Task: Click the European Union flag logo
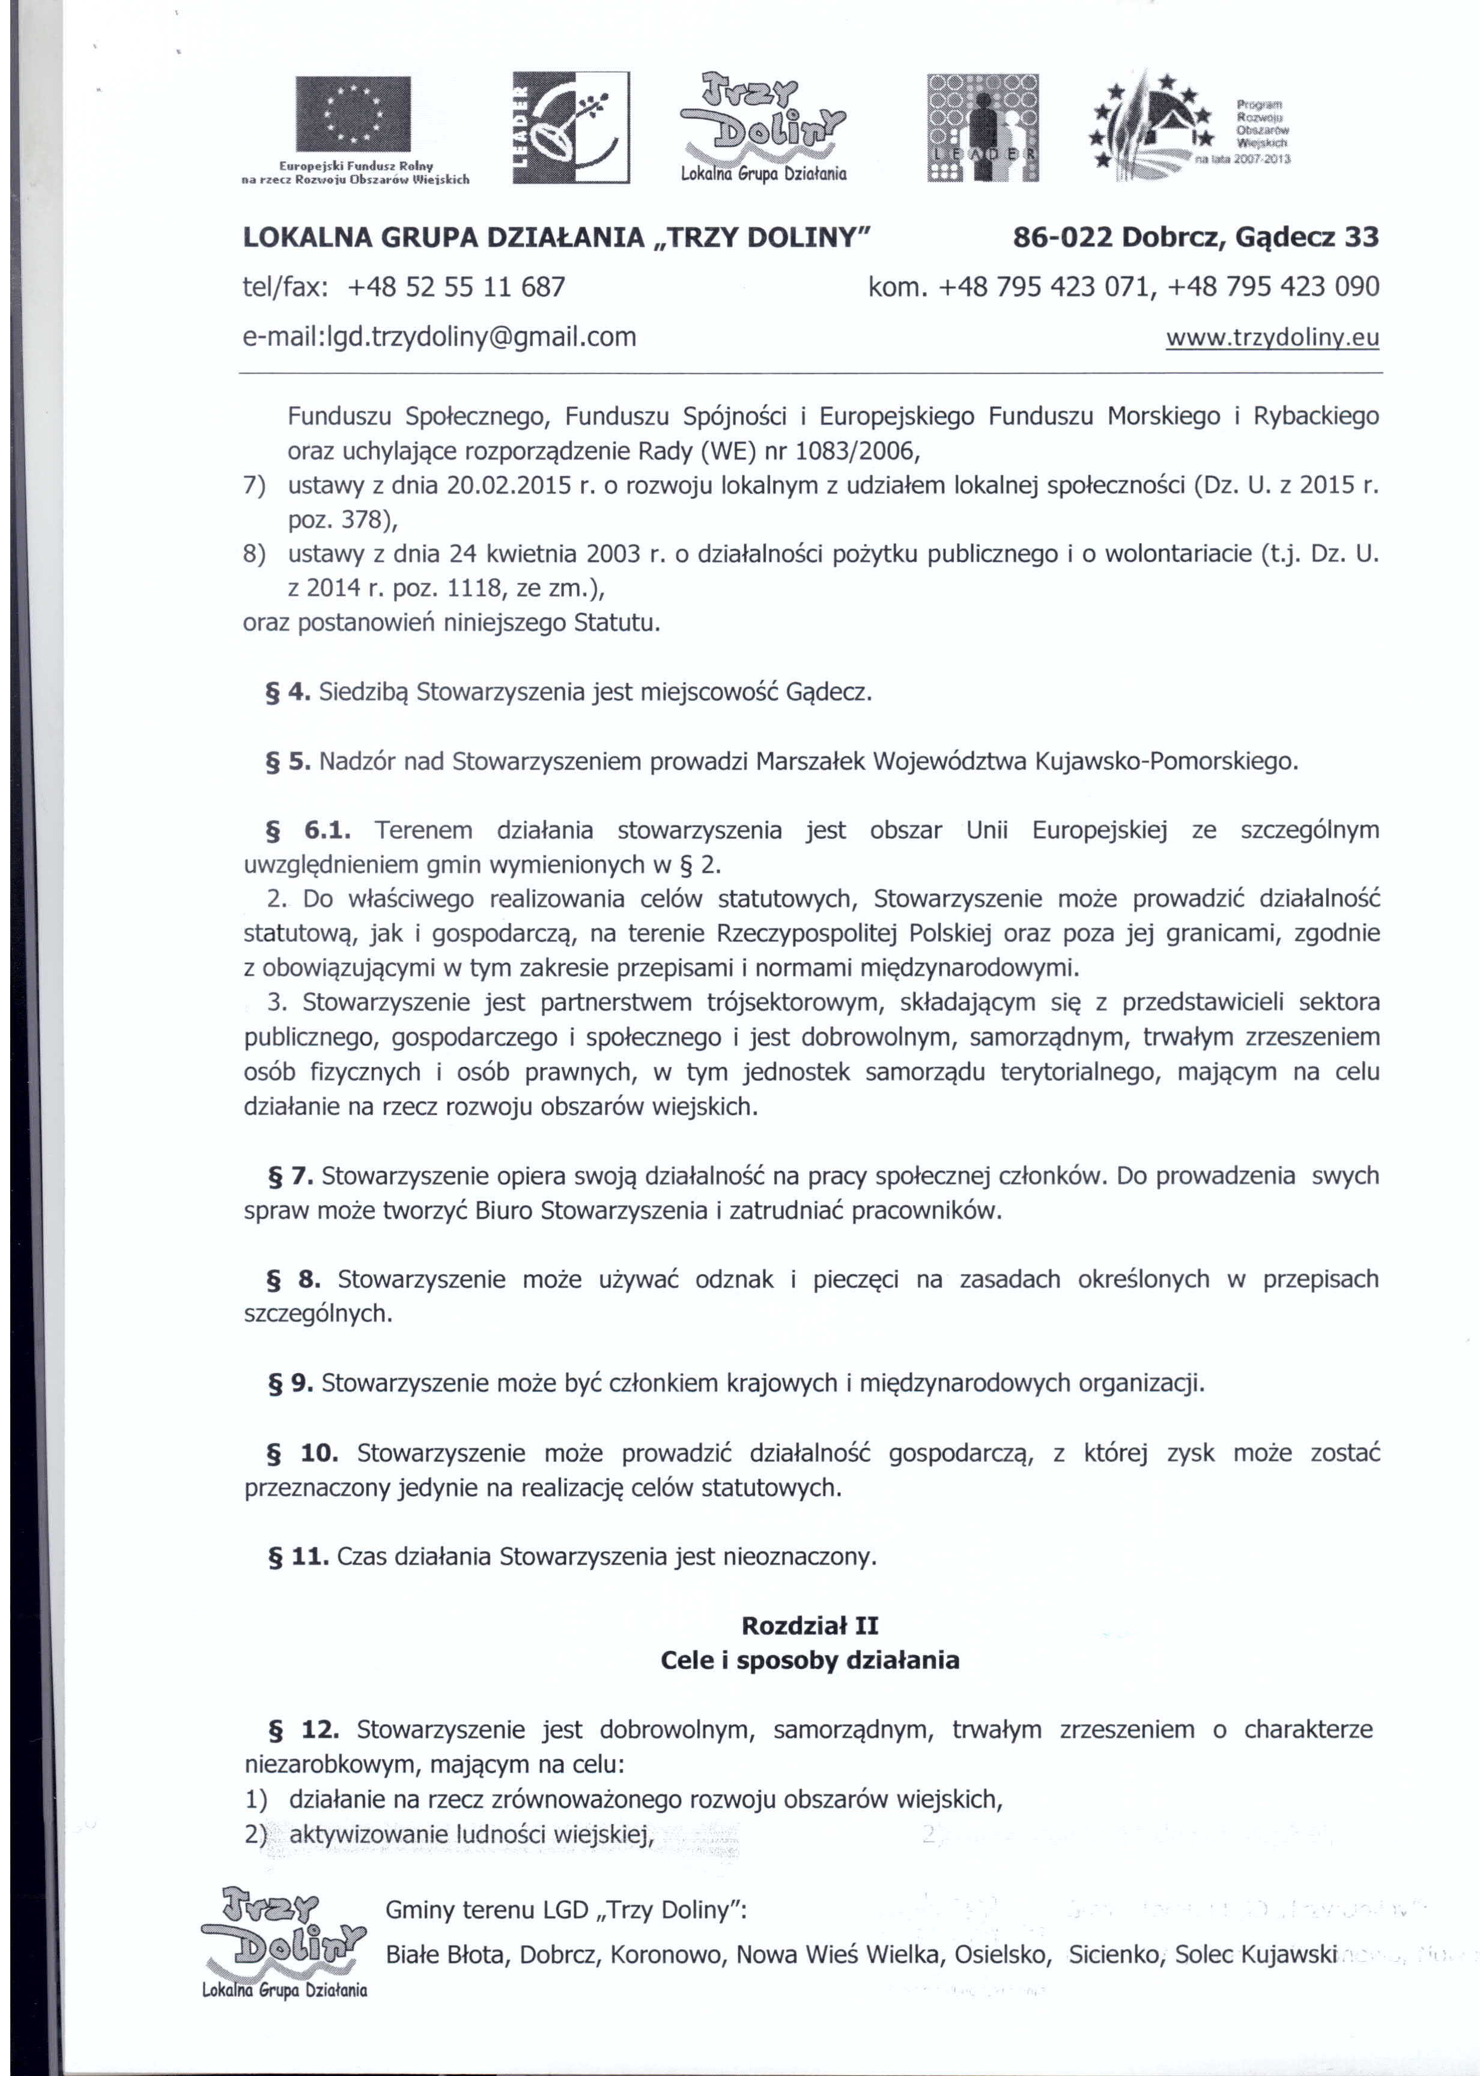point(354,114)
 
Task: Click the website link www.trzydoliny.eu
point(1272,338)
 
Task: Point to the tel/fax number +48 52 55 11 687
point(456,287)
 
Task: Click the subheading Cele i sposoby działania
point(809,1660)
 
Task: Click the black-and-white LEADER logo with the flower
point(571,127)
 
